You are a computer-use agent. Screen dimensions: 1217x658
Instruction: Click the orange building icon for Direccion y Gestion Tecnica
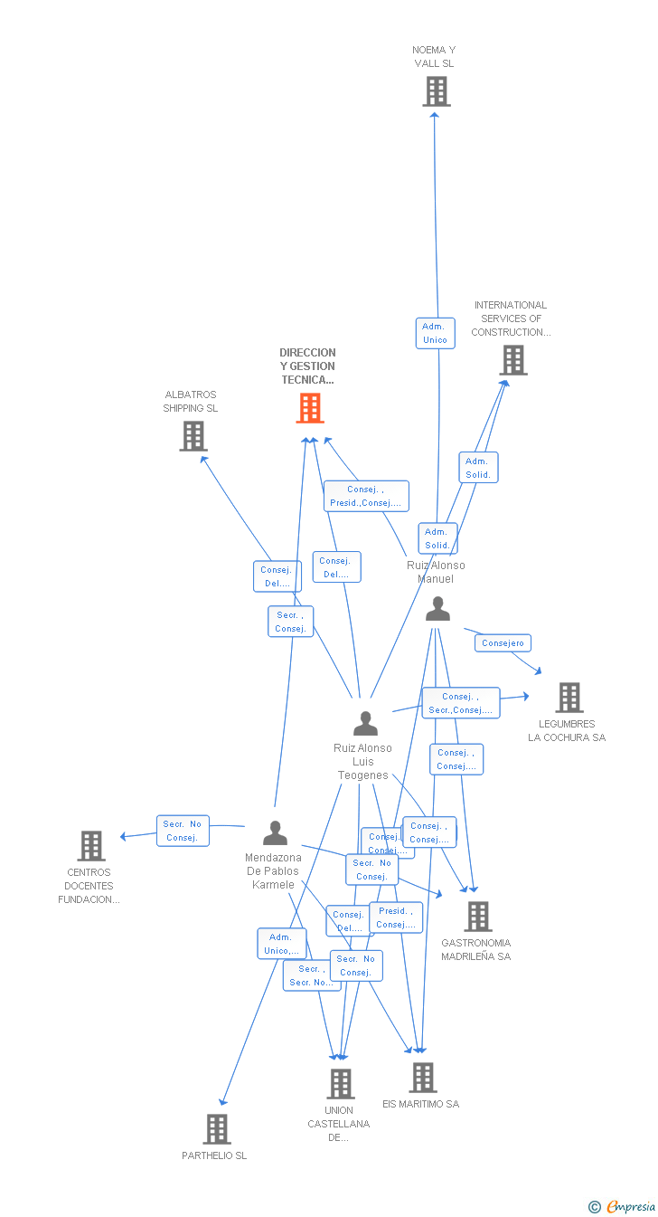310,408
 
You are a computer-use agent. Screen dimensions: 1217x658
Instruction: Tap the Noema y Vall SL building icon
437,91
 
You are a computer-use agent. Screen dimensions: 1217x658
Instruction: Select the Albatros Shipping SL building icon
193,436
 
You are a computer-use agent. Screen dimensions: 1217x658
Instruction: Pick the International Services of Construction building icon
513,360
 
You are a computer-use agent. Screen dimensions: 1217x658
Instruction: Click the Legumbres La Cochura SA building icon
569,698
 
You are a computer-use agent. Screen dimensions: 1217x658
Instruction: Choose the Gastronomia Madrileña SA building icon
477,917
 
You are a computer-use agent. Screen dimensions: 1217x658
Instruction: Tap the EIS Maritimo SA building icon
422,1078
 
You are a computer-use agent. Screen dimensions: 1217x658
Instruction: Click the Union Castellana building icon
340,1083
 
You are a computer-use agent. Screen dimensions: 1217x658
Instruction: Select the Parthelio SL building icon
217,1129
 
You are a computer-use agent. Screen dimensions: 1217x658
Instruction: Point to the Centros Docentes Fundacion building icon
91,846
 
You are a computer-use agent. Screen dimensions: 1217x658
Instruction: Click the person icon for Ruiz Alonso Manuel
437,609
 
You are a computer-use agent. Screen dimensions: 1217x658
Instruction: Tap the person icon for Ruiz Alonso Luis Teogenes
365,723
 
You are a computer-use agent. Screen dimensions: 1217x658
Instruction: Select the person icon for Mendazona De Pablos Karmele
275,832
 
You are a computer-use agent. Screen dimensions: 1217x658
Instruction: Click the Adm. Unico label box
435,333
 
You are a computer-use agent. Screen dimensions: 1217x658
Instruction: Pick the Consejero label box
503,643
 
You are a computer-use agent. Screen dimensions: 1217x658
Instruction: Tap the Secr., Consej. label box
290,622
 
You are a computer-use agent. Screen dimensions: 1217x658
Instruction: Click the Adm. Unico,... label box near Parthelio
281,944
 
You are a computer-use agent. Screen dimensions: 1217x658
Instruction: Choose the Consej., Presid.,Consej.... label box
366,496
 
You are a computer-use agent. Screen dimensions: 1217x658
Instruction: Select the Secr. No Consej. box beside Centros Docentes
182,831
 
